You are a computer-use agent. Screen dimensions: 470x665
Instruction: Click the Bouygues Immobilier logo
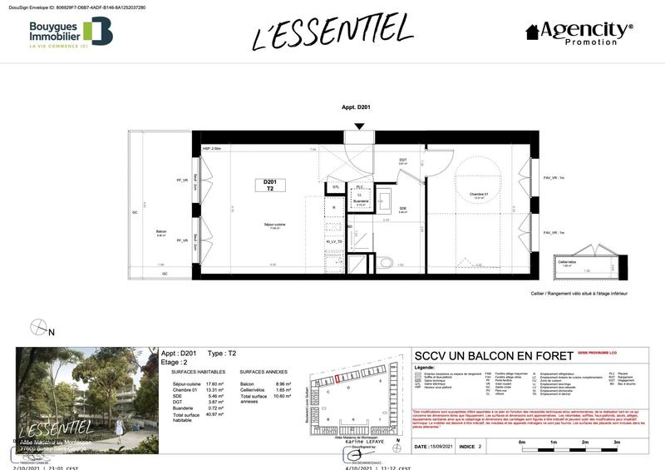70,32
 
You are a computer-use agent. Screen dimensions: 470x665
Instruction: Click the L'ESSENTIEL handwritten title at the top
332,32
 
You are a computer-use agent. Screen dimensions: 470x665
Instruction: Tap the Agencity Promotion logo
579,32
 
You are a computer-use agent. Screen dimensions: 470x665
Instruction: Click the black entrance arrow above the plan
359,126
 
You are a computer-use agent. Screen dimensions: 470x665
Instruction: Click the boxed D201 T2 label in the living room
269,186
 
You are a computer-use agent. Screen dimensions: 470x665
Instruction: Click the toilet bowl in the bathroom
384,263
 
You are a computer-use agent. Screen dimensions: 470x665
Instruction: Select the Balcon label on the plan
161,233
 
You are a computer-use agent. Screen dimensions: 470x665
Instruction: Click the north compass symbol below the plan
38,327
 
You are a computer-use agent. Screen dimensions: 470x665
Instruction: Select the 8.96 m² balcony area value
283,383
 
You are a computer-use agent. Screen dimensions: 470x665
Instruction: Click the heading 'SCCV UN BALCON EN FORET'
494,356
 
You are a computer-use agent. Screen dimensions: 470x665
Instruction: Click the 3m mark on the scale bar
616,443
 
